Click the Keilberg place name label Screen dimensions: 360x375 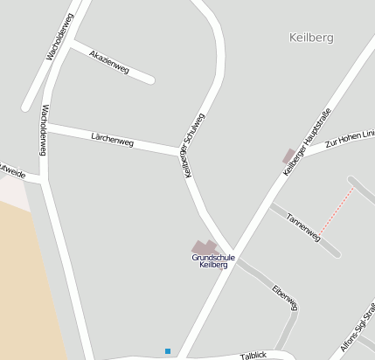point(310,38)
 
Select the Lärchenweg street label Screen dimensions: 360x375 point(112,138)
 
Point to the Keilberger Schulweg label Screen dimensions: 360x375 point(194,145)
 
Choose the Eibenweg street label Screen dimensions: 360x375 point(285,297)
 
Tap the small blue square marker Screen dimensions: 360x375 point(168,351)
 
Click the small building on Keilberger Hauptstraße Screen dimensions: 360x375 point(289,156)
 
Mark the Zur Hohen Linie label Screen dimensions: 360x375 point(350,138)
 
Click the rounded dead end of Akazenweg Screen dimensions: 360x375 point(150,80)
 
